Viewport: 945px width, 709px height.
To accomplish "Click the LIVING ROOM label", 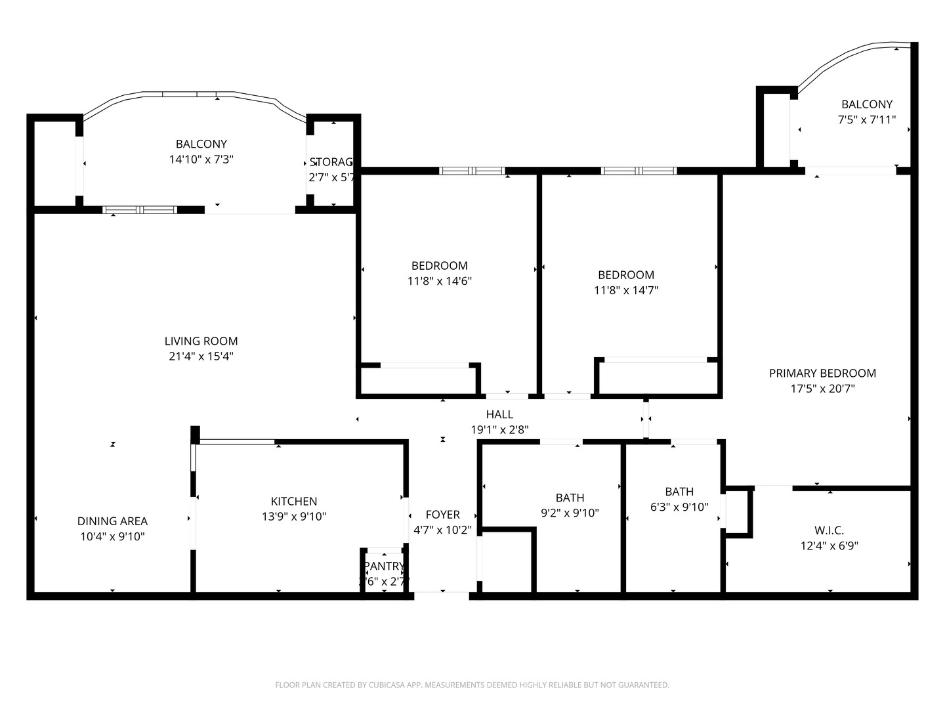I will point(201,341).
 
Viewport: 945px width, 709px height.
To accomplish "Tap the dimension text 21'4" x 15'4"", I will point(201,356).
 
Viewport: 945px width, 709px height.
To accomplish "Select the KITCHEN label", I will point(294,501).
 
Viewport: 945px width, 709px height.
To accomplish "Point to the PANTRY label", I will point(384,566).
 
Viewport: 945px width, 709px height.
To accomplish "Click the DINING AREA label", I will point(112,521).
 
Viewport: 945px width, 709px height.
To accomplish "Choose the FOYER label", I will point(442,514).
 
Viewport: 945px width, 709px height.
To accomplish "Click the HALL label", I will point(499,414).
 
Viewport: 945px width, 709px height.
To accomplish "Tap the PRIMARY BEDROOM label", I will point(822,373).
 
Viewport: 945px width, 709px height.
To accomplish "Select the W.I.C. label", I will point(829,530).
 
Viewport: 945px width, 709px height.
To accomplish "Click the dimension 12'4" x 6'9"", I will point(829,546).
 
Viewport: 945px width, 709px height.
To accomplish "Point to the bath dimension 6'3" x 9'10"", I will point(679,507).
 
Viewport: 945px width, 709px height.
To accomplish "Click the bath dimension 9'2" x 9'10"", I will point(570,513).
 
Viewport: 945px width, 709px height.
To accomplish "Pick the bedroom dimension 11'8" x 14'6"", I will point(439,281).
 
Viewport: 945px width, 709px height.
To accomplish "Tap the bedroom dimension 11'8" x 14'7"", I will point(626,290).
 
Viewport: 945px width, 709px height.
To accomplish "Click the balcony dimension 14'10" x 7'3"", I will point(201,160).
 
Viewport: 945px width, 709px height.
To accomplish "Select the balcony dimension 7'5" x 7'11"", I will point(867,119).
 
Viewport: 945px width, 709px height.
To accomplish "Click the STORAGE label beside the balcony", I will point(332,161).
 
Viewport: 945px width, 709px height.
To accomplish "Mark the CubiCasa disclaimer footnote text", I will point(472,685).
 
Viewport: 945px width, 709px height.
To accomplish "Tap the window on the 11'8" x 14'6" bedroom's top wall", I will point(472,171).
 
